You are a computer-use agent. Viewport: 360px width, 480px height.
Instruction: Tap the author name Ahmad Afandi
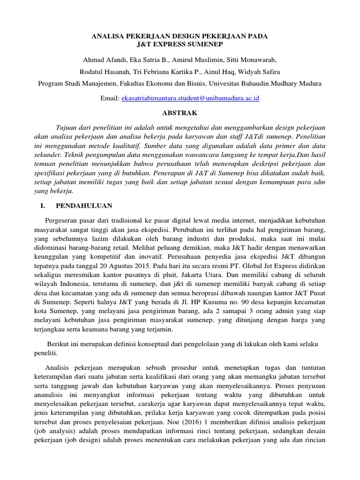102,60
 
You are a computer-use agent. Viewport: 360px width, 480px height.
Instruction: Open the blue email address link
190,98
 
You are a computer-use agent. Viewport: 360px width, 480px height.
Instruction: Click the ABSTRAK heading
180,113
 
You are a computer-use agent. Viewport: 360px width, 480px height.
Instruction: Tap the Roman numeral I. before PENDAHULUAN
41,206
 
